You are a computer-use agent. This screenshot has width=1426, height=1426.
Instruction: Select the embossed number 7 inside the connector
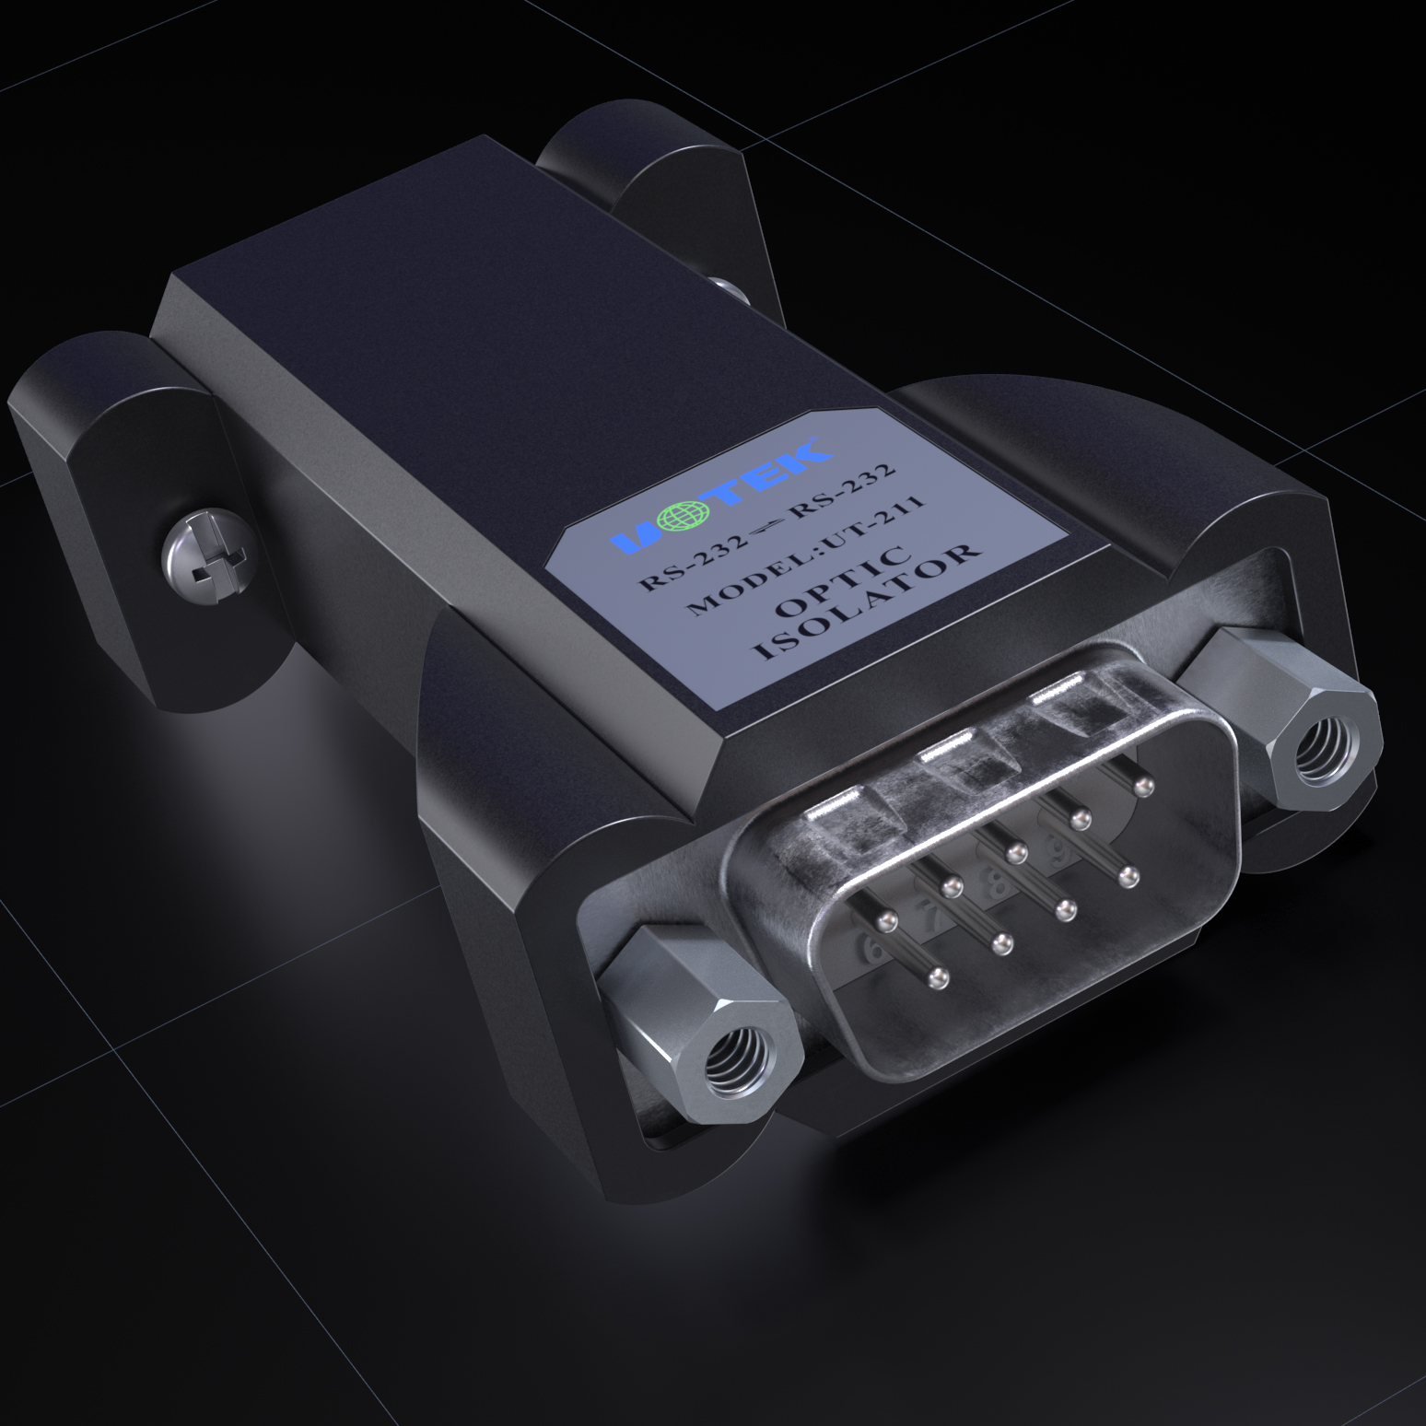(929, 917)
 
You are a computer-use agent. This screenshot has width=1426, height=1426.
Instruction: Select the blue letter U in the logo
(646, 541)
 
